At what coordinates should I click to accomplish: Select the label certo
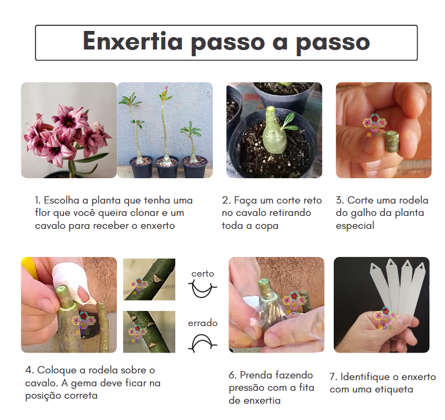pyautogui.click(x=202, y=273)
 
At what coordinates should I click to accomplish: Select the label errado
pyautogui.click(x=202, y=323)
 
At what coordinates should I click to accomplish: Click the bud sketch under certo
pyautogui.click(x=203, y=290)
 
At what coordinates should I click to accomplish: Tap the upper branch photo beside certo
pyautogui.click(x=149, y=279)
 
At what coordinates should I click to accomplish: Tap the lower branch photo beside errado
pyautogui.click(x=149, y=332)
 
